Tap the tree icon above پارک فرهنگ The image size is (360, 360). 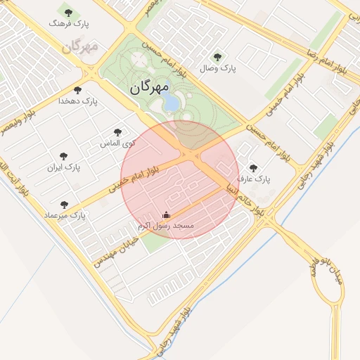[x=67, y=12]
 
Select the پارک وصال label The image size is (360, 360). [x=219, y=68]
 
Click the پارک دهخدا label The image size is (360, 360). [x=79, y=101]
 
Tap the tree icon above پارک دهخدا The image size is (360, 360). [x=77, y=90]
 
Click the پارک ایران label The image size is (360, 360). [x=64, y=167]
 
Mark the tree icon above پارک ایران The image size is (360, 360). [x=64, y=155]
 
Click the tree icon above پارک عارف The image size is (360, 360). [x=253, y=168]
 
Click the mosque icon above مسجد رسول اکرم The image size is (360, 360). [x=166, y=215]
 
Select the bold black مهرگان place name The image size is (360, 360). [x=150, y=88]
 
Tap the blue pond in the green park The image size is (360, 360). [x=171, y=103]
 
